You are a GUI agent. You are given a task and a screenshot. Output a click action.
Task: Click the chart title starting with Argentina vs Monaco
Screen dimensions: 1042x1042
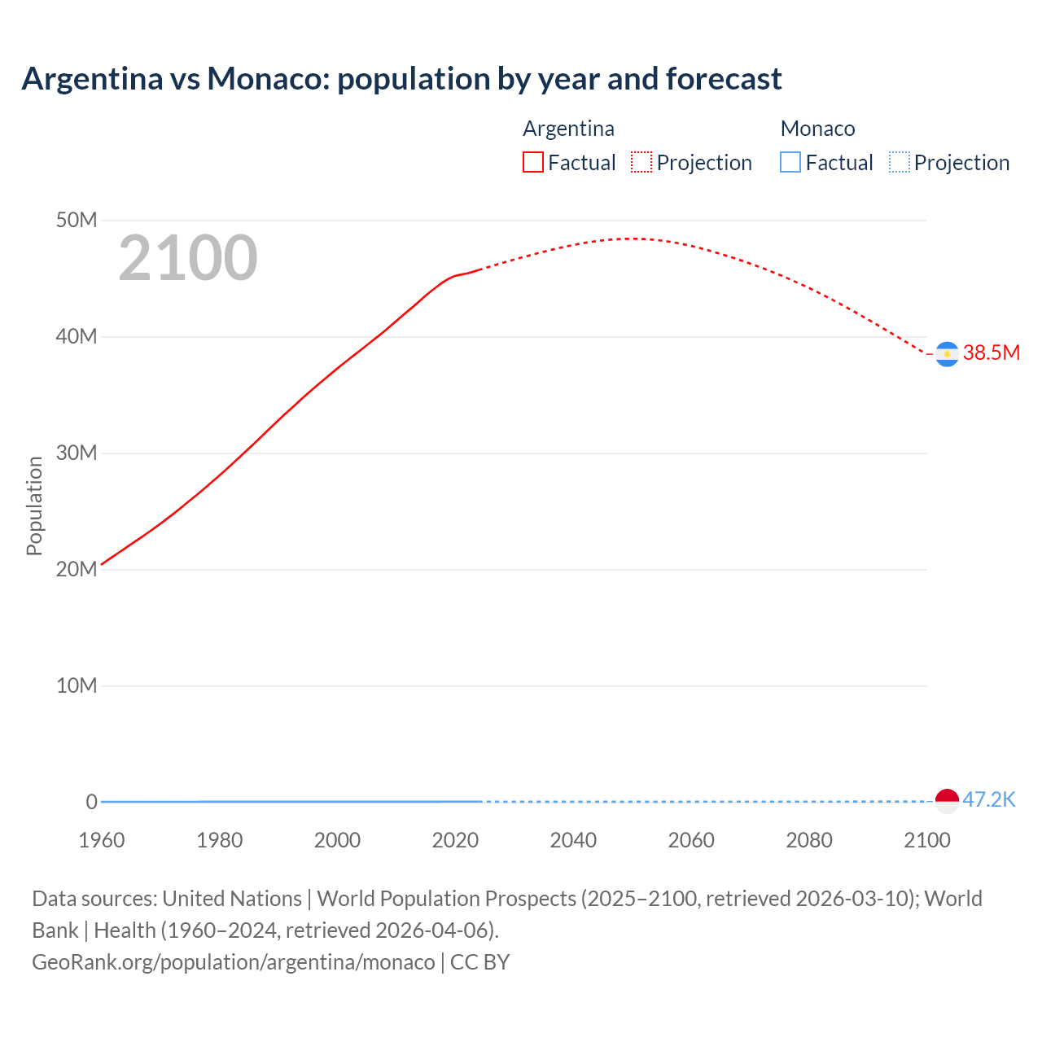(401, 79)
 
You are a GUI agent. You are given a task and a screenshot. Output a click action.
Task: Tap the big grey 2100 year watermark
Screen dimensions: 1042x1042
(188, 258)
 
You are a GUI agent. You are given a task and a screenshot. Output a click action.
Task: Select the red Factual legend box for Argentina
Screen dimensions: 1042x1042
(533, 162)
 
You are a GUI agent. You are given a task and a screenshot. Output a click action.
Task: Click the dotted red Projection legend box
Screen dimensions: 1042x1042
(641, 162)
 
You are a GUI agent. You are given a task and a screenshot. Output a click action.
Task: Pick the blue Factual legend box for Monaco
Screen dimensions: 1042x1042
(790, 162)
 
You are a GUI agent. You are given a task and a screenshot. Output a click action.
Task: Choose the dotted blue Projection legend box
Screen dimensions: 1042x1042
(900, 162)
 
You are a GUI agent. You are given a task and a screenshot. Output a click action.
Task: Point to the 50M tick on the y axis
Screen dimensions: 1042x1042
(77, 220)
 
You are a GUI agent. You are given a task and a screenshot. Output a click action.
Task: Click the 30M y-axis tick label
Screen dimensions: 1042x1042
(77, 453)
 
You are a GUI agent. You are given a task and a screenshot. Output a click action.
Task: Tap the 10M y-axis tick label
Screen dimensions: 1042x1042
(77, 685)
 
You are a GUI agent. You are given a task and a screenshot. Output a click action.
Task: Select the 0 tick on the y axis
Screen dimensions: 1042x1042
(91, 802)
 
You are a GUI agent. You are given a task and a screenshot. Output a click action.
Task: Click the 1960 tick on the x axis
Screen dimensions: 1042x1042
(102, 840)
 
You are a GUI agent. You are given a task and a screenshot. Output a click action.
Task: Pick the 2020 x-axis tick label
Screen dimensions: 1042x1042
(455, 840)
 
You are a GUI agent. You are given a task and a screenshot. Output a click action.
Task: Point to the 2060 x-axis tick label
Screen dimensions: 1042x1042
(691, 840)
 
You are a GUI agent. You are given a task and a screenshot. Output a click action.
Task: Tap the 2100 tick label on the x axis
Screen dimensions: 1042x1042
(926, 840)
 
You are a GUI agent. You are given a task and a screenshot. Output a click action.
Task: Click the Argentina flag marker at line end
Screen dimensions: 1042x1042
(947, 354)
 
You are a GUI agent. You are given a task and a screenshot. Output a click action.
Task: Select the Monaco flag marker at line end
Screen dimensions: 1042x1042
(947, 801)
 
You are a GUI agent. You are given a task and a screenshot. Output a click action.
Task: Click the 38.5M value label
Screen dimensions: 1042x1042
(991, 352)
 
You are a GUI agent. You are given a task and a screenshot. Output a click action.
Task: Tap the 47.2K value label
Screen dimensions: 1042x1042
(989, 799)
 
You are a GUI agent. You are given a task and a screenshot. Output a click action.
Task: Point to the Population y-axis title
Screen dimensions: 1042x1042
(34, 506)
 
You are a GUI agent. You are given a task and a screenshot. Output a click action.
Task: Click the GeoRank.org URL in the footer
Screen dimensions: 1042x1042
(234, 961)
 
